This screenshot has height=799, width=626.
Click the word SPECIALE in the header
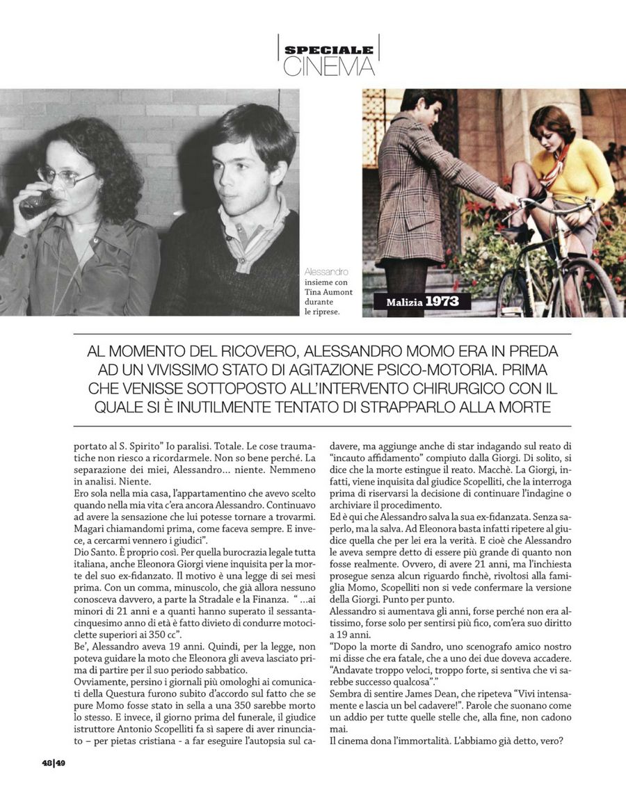point(329,50)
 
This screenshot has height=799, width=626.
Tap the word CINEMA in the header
point(329,67)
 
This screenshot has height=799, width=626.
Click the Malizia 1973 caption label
point(428,302)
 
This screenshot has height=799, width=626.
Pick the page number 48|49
point(53,763)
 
